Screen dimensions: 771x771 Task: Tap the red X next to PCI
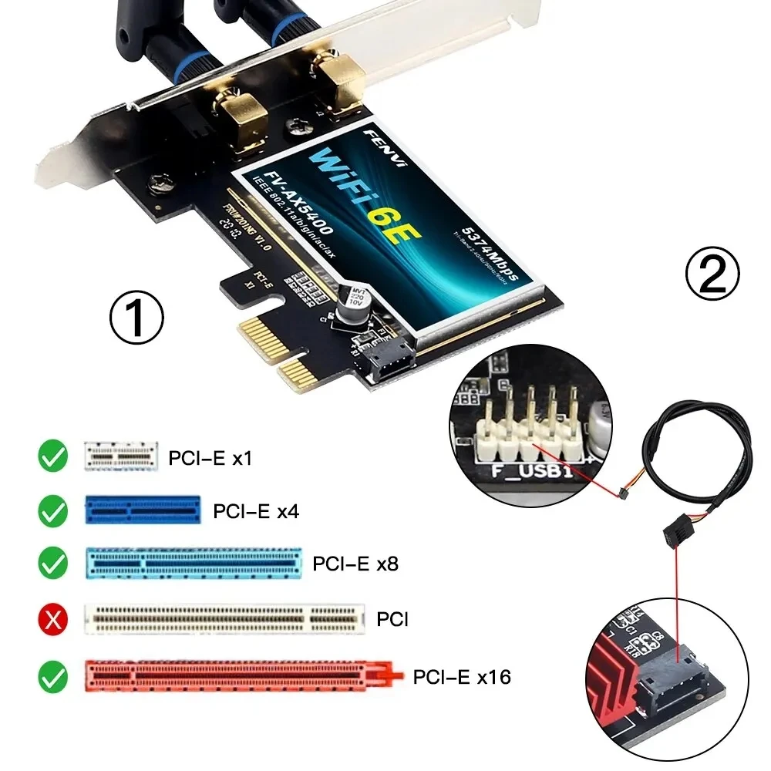coord(53,618)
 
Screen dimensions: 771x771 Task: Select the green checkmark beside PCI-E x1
coord(53,457)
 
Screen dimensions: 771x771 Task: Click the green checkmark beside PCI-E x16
coord(53,677)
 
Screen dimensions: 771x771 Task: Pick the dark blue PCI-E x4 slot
coord(142,510)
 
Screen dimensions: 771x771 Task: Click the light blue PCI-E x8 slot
coord(192,564)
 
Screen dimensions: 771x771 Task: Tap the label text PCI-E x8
coord(355,564)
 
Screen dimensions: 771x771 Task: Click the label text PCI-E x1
coord(210,459)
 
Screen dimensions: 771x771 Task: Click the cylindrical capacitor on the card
coord(352,305)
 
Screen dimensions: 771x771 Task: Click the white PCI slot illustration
coord(223,619)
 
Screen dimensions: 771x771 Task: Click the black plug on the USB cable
coord(675,533)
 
